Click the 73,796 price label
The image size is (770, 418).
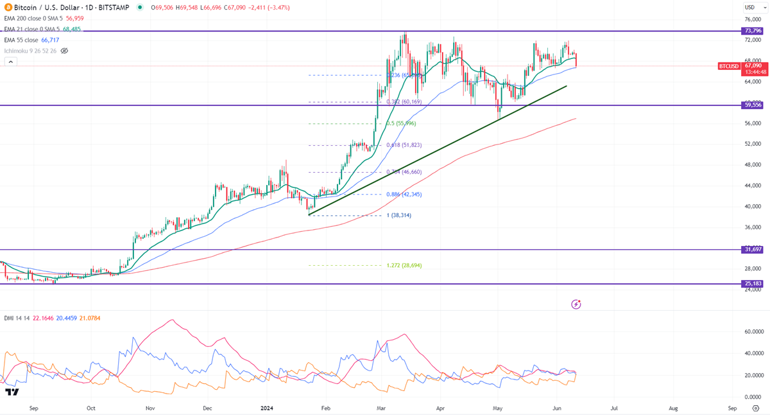[753, 31]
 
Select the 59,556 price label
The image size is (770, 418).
[753, 105]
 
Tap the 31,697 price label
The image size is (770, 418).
[753, 249]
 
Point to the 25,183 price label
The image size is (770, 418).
[753, 284]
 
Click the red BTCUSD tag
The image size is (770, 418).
[729, 65]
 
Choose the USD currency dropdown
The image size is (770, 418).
[749, 7]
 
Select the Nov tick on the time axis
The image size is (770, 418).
[150, 408]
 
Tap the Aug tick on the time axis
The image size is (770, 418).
[674, 408]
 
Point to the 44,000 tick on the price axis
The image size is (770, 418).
[752, 186]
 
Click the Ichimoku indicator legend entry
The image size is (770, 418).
[29, 50]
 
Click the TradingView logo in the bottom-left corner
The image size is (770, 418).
[12, 392]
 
